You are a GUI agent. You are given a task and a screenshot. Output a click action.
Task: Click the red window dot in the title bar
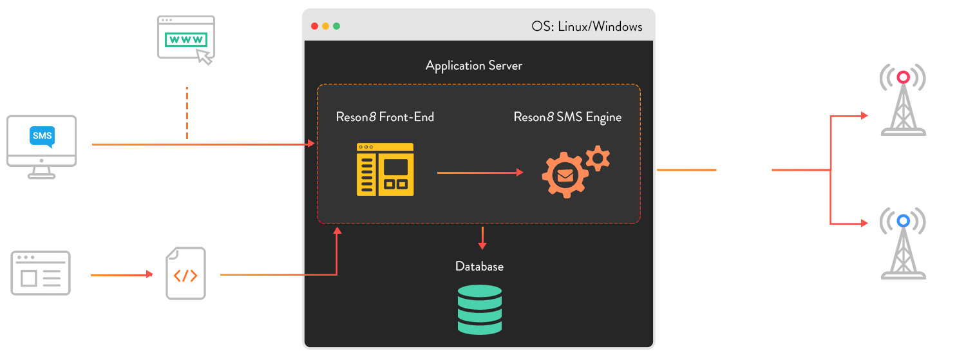[x=314, y=26]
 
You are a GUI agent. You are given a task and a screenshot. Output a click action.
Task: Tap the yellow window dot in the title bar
[x=325, y=26]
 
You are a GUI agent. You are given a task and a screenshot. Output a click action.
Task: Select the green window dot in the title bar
[x=336, y=26]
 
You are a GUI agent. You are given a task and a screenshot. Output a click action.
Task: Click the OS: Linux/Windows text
[x=587, y=26]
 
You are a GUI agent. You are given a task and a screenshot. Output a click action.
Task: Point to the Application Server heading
[x=473, y=66]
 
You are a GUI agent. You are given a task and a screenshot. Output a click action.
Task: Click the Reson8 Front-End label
[x=384, y=117]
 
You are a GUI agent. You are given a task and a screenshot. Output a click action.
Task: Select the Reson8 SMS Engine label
[x=567, y=117]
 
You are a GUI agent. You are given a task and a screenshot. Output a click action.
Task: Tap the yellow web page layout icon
[x=385, y=169]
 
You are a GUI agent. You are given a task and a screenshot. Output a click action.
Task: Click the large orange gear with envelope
[x=564, y=175]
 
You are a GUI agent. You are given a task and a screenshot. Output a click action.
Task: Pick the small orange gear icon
[x=599, y=158]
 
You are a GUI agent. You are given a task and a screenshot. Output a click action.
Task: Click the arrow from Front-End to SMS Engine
[x=480, y=173]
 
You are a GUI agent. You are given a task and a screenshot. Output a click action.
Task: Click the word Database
[x=479, y=267]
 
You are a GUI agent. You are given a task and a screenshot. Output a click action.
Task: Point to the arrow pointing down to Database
[x=482, y=238]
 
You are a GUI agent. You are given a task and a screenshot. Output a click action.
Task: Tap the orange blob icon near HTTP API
[x=185, y=274]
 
